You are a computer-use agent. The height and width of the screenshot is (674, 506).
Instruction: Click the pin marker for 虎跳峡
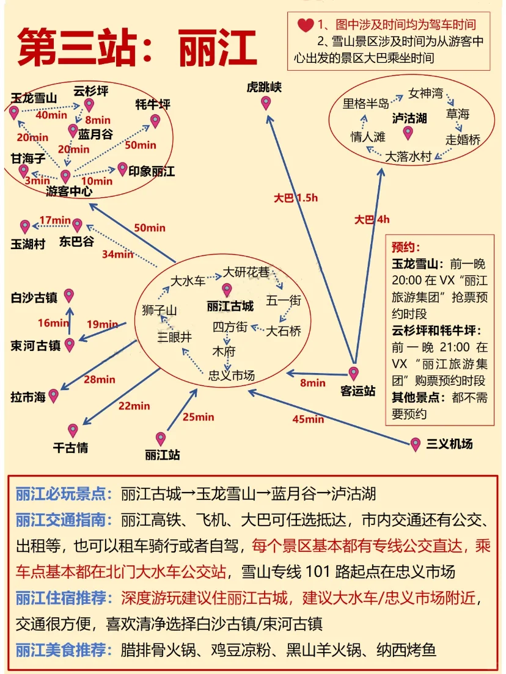pos(266,103)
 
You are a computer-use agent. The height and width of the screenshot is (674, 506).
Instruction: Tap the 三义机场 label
pos(449,444)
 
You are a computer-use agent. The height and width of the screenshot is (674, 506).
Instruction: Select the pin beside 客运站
pos(353,374)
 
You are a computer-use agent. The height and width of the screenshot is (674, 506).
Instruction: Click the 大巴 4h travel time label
pos(372,220)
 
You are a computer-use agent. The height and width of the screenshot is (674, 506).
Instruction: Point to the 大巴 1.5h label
pos(296,198)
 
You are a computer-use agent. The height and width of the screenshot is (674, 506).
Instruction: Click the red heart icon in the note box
pos(305,25)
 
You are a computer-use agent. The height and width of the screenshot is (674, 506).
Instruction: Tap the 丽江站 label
pos(162,455)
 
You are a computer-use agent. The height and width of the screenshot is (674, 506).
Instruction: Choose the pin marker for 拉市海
pos(53,396)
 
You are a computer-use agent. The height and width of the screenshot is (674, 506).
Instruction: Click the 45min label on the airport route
pos(308,419)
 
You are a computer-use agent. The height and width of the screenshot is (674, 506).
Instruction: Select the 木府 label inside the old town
pos(224,351)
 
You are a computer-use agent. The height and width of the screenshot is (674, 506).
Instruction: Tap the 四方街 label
pos(230,327)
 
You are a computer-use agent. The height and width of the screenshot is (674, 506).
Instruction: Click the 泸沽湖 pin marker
pos(408,133)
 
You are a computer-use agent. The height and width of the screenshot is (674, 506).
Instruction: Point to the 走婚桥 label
pos(463,139)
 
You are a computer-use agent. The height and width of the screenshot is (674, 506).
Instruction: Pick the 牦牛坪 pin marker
pos(155,121)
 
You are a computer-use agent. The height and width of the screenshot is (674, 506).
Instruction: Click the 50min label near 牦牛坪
pos(141,145)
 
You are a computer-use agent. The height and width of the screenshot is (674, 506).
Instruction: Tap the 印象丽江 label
pos(152,171)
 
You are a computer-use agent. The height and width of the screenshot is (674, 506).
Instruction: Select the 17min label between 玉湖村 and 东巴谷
pos(55,220)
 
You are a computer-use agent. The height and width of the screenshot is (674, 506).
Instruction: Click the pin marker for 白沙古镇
pos(69,295)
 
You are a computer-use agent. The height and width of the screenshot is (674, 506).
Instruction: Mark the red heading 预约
pos(406,247)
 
